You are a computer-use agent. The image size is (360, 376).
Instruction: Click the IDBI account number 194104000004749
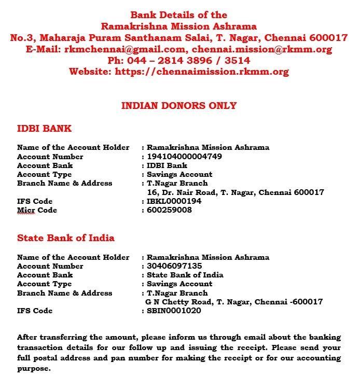coord(184,157)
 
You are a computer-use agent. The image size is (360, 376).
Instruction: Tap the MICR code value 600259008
coord(169,210)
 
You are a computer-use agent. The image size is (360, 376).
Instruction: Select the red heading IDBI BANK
coord(44,129)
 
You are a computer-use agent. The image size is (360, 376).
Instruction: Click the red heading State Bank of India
coord(66,238)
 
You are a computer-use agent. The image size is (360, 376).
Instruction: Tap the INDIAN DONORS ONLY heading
coord(178,106)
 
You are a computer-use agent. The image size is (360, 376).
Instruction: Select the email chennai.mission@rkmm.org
coord(262,49)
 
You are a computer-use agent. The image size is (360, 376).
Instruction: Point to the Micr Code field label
coord(37,210)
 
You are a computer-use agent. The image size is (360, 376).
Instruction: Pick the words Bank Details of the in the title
coord(178,15)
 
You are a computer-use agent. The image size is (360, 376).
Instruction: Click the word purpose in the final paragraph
coord(34,369)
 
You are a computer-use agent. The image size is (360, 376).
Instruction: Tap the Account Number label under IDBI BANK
coord(50,157)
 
